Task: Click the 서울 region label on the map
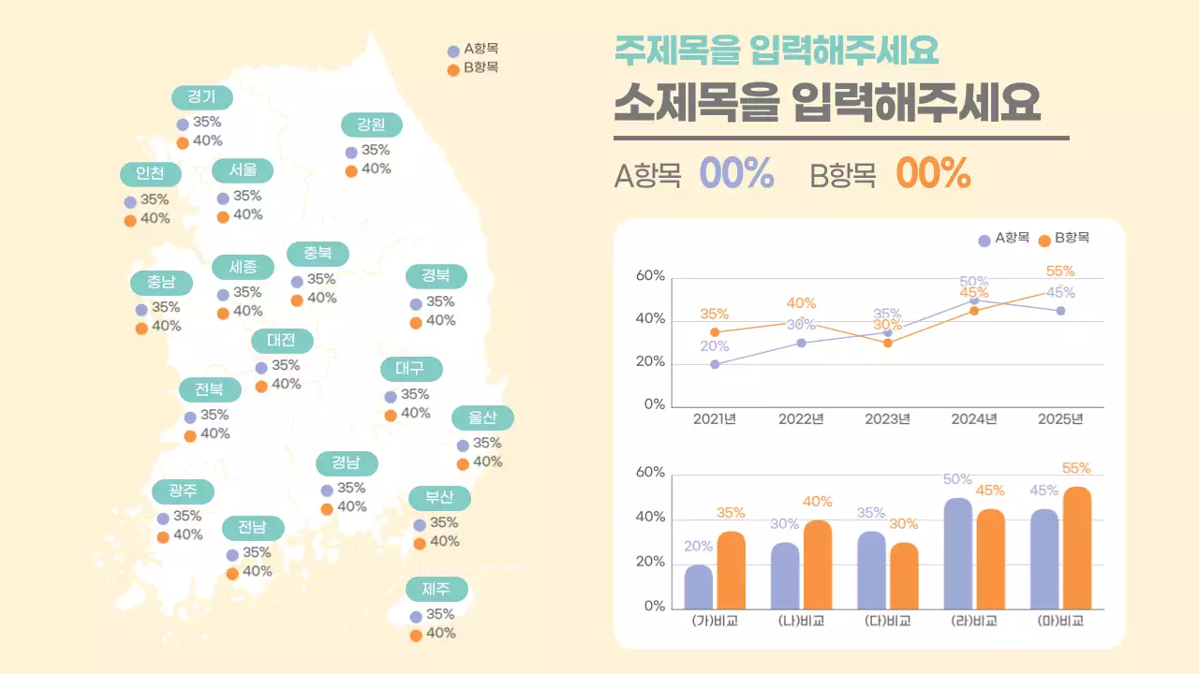[x=243, y=170]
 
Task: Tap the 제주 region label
[x=437, y=589]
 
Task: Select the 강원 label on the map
[x=372, y=125]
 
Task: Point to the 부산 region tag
[x=439, y=497]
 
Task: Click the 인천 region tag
[x=150, y=174]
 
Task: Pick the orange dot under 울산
[x=463, y=463]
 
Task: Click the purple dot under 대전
[x=261, y=367]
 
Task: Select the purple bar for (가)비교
[x=698, y=586]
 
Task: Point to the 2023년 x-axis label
[x=887, y=418]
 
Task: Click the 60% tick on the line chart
[x=650, y=276]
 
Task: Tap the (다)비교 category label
[x=886, y=622]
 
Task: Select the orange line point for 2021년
[x=715, y=332]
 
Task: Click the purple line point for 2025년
[x=1060, y=311]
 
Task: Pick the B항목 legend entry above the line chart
[x=1064, y=240]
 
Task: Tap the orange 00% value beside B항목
[x=933, y=173]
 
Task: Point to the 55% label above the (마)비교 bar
[x=1076, y=468]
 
